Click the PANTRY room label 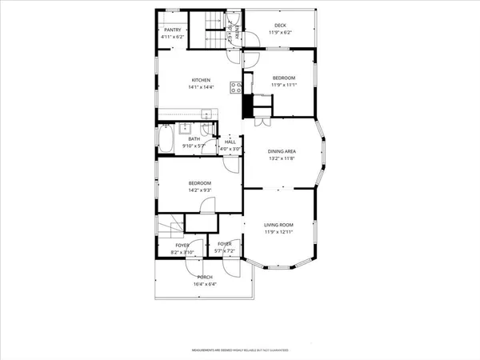[172, 30]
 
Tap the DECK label [280, 25]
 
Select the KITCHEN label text [200, 79]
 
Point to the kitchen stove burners [236, 87]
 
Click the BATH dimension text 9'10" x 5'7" [194, 146]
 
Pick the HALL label [230, 142]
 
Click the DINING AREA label [282, 151]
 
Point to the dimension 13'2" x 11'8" [282, 158]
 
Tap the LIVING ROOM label [279, 225]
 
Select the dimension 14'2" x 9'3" [199, 190]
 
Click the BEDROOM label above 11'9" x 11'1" [283, 78]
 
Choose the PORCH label [205, 277]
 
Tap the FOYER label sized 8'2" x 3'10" [182, 245]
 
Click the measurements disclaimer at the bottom [239, 350]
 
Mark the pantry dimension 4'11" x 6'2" [172, 37]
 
